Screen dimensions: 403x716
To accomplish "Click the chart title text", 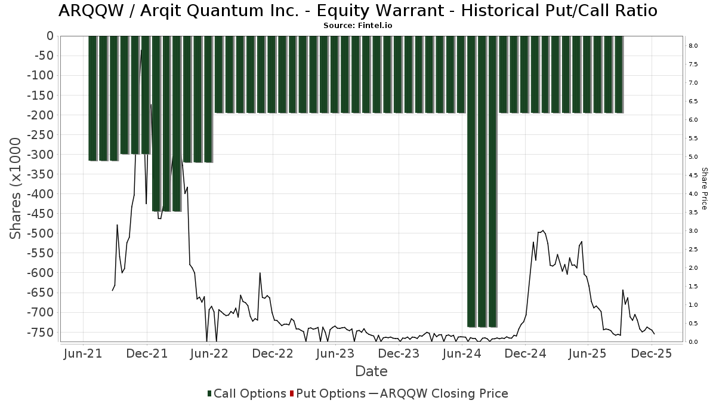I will [357, 11].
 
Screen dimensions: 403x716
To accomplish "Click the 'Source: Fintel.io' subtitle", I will [357, 26].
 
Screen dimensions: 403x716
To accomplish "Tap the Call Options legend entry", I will [247, 393].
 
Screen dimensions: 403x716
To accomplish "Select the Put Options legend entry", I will [328, 393].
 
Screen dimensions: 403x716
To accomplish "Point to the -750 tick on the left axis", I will [40, 332].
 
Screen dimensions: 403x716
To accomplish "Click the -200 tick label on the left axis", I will [40, 115].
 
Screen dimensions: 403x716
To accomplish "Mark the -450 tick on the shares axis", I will [40, 214].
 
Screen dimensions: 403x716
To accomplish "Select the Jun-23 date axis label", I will [335, 353].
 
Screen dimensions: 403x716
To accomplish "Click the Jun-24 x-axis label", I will [461, 353].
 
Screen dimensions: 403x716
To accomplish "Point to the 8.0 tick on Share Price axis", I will [693, 46].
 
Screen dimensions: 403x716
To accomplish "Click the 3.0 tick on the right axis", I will [693, 231].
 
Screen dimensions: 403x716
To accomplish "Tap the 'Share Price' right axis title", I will [705, 188].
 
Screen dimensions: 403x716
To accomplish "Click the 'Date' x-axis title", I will [371, 371].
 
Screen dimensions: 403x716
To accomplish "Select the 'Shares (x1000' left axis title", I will [17, 188].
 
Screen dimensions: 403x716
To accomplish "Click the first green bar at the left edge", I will [92, 98].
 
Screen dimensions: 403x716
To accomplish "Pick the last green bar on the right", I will [618, 74].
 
